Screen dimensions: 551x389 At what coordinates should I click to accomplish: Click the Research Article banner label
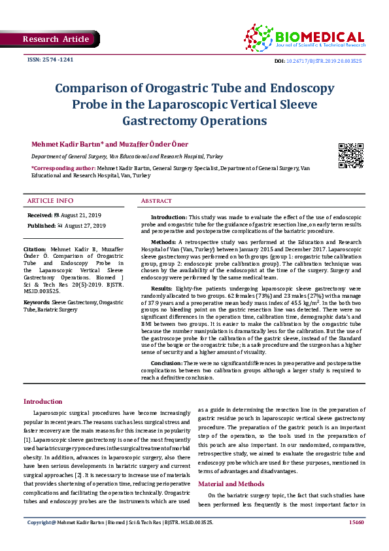coord(56,39)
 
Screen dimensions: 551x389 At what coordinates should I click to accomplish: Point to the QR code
coord(350,155)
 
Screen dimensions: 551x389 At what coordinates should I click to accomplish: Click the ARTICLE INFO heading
coord(50,200)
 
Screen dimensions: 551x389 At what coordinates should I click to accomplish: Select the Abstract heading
coord(156,201)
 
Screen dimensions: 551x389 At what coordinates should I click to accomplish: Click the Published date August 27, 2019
coord(81,226)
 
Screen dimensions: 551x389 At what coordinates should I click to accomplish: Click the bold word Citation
coord(35,250)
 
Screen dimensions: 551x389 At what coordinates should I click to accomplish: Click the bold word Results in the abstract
coord(162,288)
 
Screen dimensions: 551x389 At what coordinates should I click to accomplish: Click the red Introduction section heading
coord(43,402)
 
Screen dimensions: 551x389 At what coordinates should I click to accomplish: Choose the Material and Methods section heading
coord(231,484)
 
